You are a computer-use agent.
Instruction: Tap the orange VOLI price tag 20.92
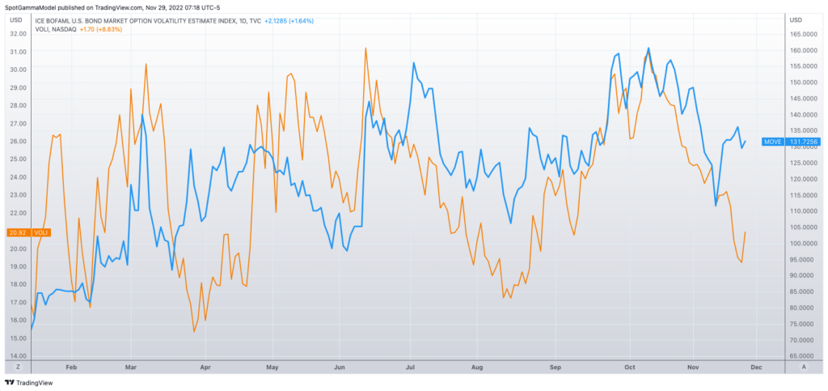tap(27, 232)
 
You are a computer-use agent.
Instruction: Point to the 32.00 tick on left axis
tap(17, 34)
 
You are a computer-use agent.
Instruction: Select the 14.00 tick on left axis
tap(17, 356)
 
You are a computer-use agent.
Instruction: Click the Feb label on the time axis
tap(70, 367)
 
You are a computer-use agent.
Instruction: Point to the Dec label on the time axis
tap(757, 367)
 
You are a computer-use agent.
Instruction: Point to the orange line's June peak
tap(365, 48)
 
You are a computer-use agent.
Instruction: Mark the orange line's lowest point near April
tap(194, 331)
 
